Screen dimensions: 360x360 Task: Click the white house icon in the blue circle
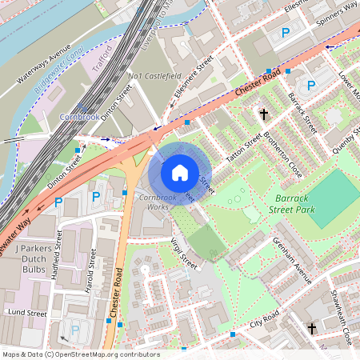pos(180,172)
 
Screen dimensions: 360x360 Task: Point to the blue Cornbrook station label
pos(78,116)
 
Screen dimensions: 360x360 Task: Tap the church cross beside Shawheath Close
pos(313,328)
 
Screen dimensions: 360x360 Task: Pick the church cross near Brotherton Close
pos(264,114)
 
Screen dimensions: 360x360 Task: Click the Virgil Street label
pos(183,249)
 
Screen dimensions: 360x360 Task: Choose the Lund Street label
pos(27,314)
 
